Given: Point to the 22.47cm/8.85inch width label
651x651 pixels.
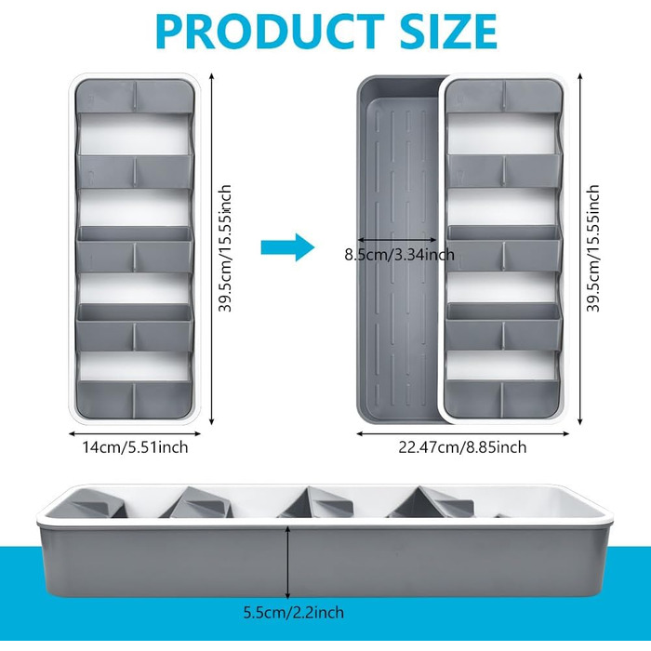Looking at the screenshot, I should [461, 447].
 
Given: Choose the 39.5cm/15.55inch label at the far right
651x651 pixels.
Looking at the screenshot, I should [593, 248].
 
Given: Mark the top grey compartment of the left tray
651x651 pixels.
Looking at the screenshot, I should [134, 95].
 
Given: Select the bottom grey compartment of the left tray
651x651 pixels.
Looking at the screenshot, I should [134, 398].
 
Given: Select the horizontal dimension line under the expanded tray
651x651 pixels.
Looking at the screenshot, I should [462, 432].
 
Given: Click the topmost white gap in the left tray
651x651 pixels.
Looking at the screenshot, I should [134, 133].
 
